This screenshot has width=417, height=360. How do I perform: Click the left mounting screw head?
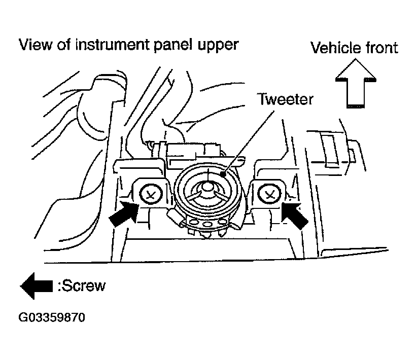[x=151, y=195]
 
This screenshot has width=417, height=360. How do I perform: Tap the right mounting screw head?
[x=269, y=194]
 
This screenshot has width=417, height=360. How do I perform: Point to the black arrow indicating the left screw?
[x=124, y=214]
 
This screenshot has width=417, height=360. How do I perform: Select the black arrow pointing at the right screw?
[x=295, y=215]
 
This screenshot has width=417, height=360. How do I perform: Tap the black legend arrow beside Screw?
[x=37, y=286]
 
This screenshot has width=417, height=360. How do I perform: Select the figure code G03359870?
[x=52, y=317]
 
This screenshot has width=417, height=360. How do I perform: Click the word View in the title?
[x=36, y=45]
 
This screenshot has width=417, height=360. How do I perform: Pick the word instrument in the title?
[x=112, y=45]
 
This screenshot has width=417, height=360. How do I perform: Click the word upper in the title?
[x=218, y=46]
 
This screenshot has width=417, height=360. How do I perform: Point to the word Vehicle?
[x=336, y=48]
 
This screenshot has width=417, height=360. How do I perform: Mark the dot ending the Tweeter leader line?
[x=223, y=174]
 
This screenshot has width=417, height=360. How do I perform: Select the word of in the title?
[x=64, y=45]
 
